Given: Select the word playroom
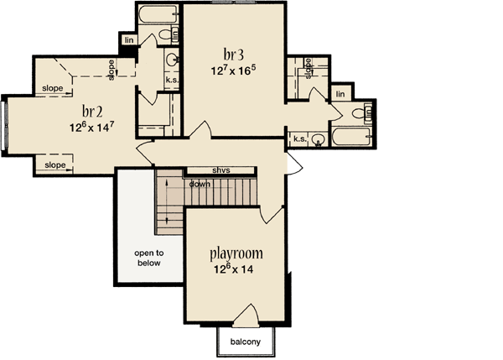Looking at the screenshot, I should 236,253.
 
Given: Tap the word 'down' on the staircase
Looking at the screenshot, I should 200,184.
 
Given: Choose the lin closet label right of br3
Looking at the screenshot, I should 340,95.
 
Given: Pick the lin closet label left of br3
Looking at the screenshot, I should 129,39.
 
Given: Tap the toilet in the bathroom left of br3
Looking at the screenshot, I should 175,34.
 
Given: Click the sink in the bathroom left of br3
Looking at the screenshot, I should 172,60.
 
